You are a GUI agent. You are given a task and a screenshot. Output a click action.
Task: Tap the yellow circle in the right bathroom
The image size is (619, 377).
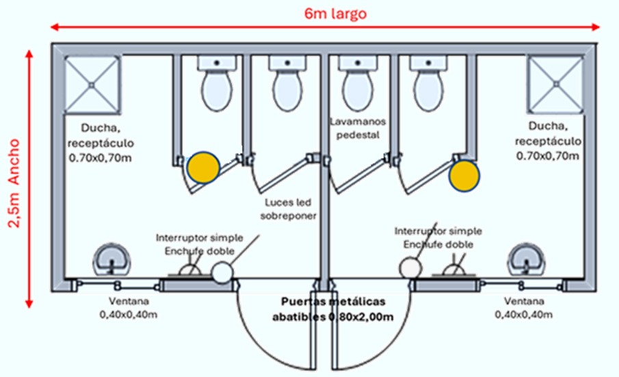tap(464, 174)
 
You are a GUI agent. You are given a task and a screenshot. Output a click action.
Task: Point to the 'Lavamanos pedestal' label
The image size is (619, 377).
tap(358, 128)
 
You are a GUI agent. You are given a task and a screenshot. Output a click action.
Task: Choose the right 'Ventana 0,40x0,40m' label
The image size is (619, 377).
tap(524, 307)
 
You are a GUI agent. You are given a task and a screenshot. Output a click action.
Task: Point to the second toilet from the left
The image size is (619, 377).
tap(287, 84)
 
